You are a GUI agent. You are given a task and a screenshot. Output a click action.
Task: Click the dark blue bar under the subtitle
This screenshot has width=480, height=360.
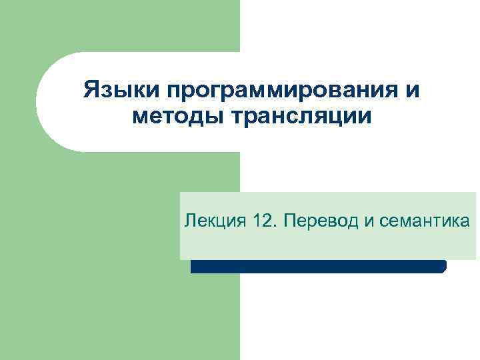[x=317, y=267]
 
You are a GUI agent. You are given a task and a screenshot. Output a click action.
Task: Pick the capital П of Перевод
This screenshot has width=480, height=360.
[x=289, y=221]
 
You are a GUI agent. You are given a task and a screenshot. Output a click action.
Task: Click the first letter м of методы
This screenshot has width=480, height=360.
[x=139, y=118]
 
